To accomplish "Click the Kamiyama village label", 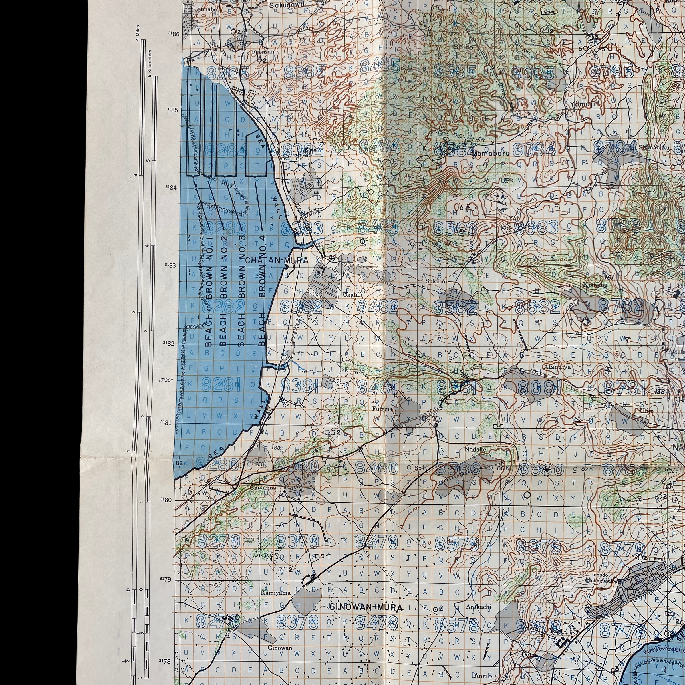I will (275, 593).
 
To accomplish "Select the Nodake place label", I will (475, 450).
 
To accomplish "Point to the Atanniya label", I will (557, 367).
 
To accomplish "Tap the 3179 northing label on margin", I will (165, 579).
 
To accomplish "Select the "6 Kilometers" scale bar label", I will (150, 63).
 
